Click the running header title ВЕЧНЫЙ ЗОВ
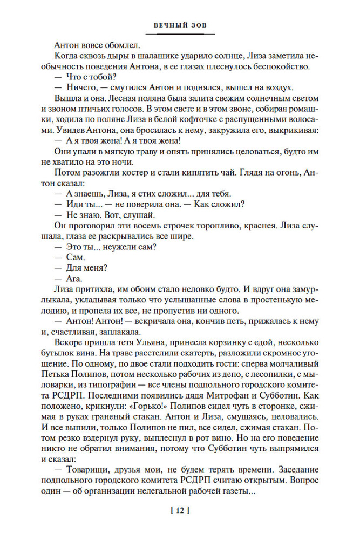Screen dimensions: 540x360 coord(180,25)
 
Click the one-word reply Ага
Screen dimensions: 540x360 coord(74,279)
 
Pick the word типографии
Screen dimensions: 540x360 coord(104,388)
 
